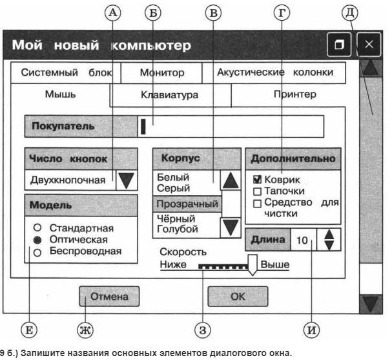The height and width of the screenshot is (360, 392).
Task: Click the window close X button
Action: (369, 45)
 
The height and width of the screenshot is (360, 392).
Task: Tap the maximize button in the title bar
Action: (338, 45)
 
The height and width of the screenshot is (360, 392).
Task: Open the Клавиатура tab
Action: (169, 95)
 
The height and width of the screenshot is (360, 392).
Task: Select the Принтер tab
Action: (294, 94)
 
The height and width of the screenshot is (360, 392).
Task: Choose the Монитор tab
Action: (162, 73)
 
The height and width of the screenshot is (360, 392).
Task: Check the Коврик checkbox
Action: (256, 180)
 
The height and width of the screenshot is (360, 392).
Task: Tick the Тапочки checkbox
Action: (256, 191)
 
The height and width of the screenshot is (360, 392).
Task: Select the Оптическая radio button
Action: (37, 239)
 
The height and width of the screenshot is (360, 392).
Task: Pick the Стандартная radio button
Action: (37, 228)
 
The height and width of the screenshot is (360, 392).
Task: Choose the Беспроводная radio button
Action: (37, 251)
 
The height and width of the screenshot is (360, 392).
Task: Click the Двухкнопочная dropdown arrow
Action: (127, 180)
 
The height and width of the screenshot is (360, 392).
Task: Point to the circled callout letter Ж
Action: (85, 332)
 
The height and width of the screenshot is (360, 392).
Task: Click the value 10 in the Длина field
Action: (302, 240)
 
